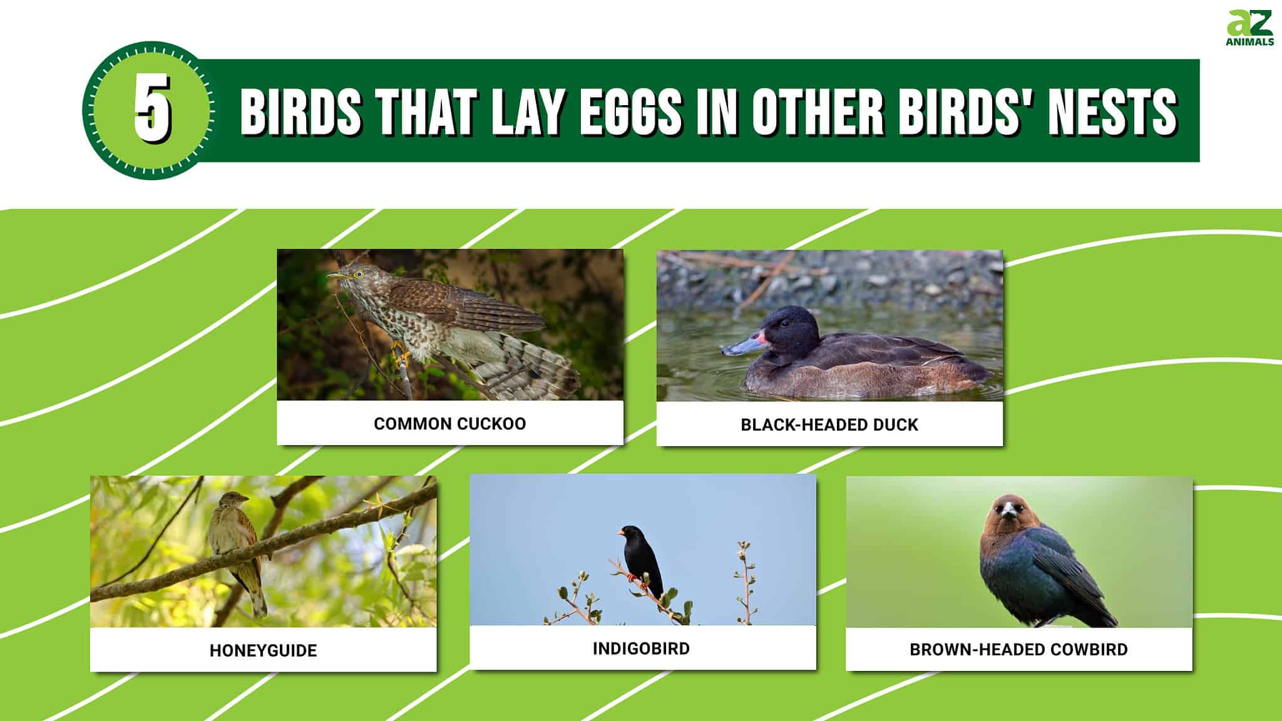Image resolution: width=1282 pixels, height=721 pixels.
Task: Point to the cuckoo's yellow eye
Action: [x=359, y=274]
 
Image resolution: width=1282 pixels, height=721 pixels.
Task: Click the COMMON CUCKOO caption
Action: [x=449, y=424]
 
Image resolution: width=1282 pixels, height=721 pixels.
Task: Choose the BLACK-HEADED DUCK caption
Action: [x=829, y=425]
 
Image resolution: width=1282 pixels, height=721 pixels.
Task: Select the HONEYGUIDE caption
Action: [x=263, y=651]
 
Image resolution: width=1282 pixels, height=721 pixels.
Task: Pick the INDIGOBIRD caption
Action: [x=641, y=648]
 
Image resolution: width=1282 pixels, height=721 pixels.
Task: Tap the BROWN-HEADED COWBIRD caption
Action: [x=1018, y=650]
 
